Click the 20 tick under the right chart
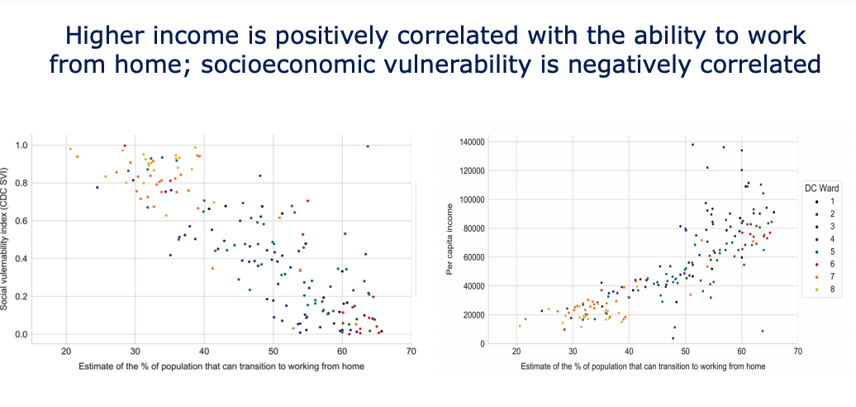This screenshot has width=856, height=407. (x=516, y=351)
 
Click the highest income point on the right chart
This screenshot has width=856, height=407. (x=692, y=145)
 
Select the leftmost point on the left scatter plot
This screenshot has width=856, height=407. (x=70, y=149)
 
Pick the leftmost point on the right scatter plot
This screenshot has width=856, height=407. (x=519, y=326)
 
